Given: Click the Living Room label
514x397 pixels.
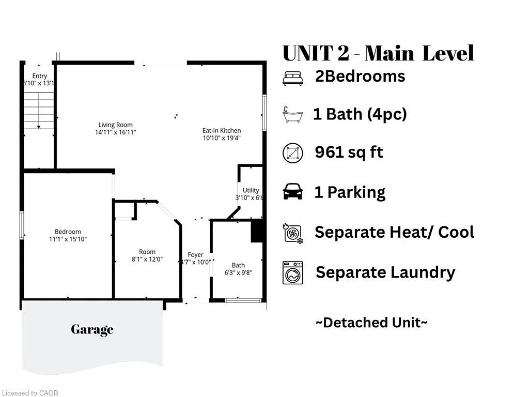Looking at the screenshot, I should coord(116,125).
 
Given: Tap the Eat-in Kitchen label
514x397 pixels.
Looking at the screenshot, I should coord(222,130).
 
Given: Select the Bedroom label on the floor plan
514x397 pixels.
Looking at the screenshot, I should coord(68,232).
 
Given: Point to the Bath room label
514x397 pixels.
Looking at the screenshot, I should coord(238,265).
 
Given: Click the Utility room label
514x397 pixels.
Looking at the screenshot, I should coord(251,190).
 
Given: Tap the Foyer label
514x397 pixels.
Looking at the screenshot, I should coord(195,255).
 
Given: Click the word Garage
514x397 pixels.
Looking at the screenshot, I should coord(92,329).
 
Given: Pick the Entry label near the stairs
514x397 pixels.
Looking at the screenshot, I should coord(39,76).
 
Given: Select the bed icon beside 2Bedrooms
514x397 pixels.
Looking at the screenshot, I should coord(293,78).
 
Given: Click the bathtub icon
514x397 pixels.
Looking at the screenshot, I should coord(292,114).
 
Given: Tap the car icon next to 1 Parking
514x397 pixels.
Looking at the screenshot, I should coord(293,192).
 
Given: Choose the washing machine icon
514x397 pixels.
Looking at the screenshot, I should coord(293,272).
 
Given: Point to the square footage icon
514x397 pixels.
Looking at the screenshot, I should coord(293,153).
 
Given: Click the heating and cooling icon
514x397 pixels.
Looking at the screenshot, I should coord(293,233).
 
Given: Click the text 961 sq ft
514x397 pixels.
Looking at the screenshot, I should coord(349,152).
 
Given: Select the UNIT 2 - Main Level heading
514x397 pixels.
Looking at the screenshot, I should coord(378,53).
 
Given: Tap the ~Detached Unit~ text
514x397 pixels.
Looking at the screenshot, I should coord(371,323).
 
